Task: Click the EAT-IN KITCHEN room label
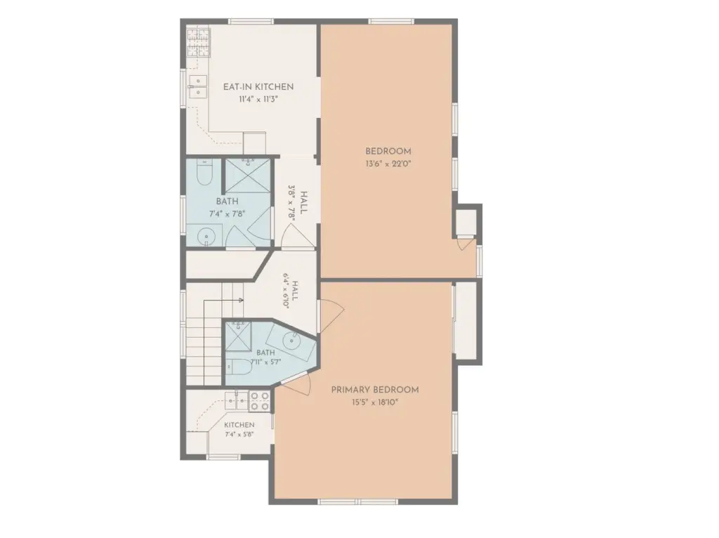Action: click(x=258, y=86)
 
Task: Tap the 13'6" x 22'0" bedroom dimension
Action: click(x=388, y=163)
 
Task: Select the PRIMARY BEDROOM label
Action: click(x=375, y=390)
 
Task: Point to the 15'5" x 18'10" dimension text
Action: click(x=375, y=402)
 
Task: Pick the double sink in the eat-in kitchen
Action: click(x=197, y=86)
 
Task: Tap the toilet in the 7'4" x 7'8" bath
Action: click(x=204, y=172)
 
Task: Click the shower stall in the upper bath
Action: click(x=248, y=175)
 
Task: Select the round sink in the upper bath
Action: click(x=206, y=236)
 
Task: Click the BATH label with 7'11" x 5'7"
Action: click(x=265, y=353)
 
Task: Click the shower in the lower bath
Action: click(x=238, y=336)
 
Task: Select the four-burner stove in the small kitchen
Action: click(x=259, y=401)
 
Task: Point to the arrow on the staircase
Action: click(x=223, y=301)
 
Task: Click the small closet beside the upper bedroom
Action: click(x=466, y=223)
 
